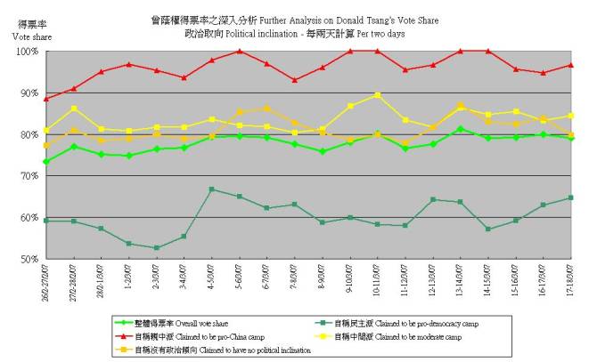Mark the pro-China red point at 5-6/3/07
[x=239, y=52]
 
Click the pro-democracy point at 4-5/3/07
[x=211, y=189]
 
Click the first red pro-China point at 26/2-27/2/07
[x=46, y=99]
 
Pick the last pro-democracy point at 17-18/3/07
[x=570, y=197]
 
